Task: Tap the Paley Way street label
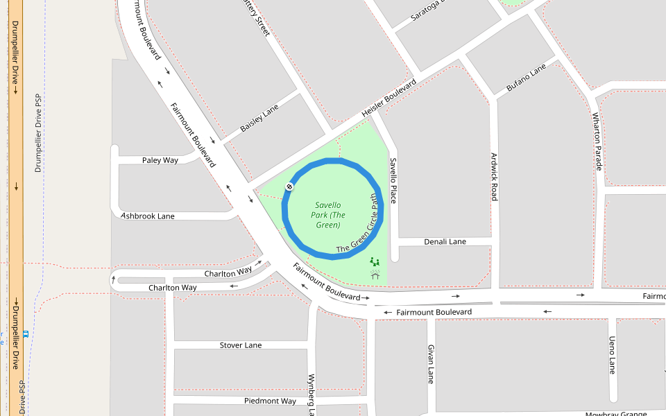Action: click(x=160, y=160)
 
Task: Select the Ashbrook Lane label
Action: click(x=148, y=216)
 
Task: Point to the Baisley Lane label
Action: click(x=259, y=119)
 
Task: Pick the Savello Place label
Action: click(x=393, y=180)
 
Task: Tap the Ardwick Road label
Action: click(x=494, y=177)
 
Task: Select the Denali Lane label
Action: click(x=445, y=241)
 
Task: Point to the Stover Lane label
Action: click(x=241, y=345)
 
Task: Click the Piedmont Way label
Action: click(x=270, y=401)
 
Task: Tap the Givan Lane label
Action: click(x=431, y=364)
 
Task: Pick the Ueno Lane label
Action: click(x=612, y=355)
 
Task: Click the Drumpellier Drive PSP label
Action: click(x=39, y=133)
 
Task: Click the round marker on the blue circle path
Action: click(x=289, y=187)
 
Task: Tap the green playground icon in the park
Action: click(x=375, y=262)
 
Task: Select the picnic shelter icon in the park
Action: click(x=375, y=275)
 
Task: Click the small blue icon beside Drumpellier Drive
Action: click(x=26, y=334)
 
